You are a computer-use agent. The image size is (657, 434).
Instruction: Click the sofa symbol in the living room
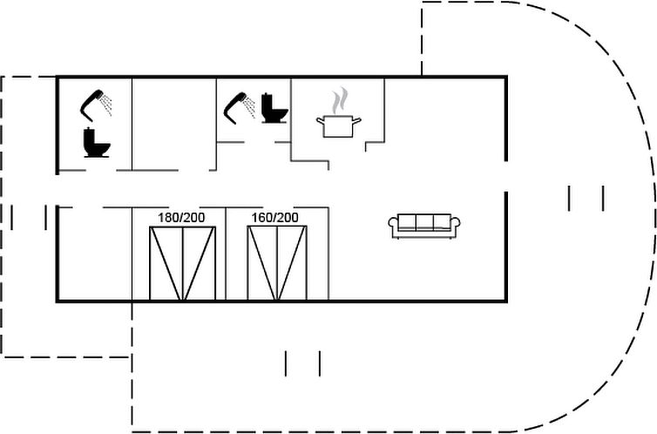(x=424, y=227)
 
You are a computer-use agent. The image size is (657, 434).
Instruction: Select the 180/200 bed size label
(x=181, y=217)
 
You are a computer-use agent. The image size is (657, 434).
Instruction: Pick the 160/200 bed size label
(x=274, y=217)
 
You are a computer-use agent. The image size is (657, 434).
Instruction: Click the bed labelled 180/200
(x=182, y=263)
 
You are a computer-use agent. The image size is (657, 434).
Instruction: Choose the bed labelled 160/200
(x=277, y=263)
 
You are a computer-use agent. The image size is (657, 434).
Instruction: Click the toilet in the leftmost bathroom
(x=97, y=142)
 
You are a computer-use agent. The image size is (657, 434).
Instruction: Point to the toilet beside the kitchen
(x=274, y=108)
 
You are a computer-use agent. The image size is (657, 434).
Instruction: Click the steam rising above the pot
(x=340, y=100)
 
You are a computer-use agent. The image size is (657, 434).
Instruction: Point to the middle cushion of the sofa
(x=424, y=222)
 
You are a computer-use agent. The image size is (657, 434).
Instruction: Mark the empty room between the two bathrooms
(x=174, y=124)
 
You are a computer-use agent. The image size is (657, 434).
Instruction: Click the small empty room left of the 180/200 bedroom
(x=95, y=254)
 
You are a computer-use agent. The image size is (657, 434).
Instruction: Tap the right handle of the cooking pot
(x=356, y=121)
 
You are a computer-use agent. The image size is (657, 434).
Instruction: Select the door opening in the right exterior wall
(x=505, y=176)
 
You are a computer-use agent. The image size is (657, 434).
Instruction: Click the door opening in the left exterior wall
(x=58, y=190)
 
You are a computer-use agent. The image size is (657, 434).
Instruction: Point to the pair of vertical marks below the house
(x=302, y=363)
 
